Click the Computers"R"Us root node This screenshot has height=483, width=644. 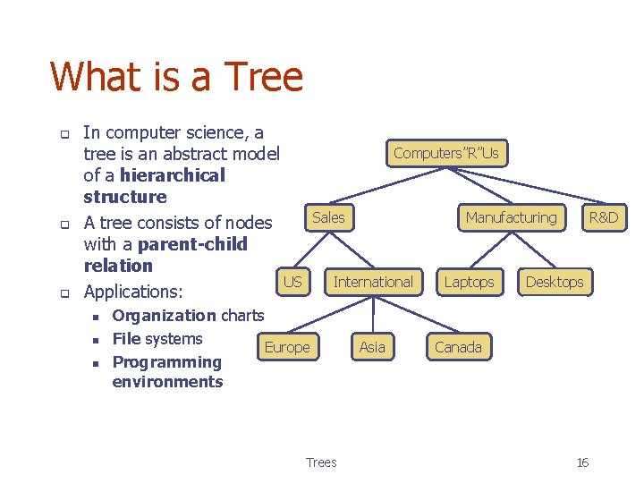(445, 153)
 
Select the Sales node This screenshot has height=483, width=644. (328, 217)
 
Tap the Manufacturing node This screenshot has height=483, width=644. (511, 217)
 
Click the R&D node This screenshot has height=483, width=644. (603, 217)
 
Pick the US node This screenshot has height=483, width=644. (292, 282)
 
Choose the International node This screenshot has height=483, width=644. (373, 282)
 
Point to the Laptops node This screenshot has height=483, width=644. (469, 282)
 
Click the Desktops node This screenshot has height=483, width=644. (554, 282)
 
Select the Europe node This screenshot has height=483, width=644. (287, 347)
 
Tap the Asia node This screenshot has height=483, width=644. (372, 347)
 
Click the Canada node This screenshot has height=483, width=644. (458, 347)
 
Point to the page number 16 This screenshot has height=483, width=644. (582, 462)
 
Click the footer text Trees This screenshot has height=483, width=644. (321, 462)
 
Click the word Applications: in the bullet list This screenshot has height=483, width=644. (132, 292)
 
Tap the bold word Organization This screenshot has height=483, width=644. (164, 315)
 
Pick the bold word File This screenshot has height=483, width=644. (126, 338)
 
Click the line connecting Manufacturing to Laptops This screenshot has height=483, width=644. (490, 250)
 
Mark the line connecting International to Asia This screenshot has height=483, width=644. (373, 315)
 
